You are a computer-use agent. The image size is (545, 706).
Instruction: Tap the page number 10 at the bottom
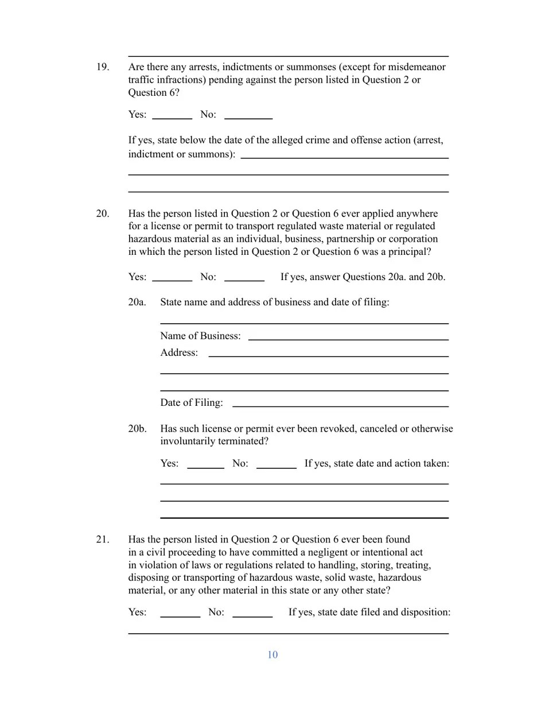click(x=272, y=655)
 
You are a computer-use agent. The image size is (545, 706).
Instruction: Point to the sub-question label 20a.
click(x=137, y=302)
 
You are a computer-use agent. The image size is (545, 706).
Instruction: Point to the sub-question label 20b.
click(x=137, y=429)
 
